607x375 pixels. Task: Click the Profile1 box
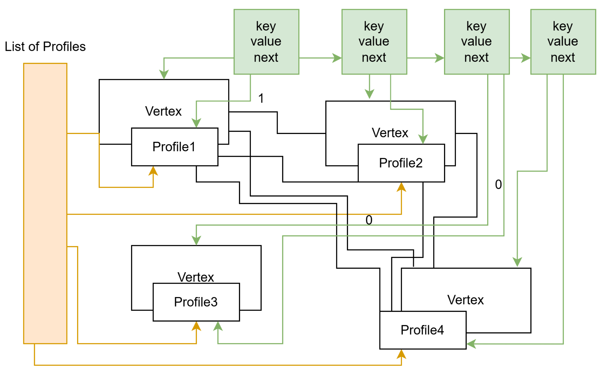pos(175,147)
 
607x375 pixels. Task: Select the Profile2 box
pos(401,163)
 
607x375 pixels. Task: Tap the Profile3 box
pos(196,302)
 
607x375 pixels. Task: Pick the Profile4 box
pos(422,330)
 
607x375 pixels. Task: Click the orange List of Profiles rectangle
pos(45,203)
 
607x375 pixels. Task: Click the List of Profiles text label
pos(45,46)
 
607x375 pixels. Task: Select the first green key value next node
pos(266,42)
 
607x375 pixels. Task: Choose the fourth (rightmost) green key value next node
pos(563,42)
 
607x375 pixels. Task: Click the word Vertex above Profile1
pos(163,111)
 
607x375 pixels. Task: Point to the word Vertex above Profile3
pos(196,277)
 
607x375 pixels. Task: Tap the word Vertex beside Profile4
pos(465,300)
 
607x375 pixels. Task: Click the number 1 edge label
pos(261,98)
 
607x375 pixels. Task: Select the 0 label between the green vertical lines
pos(498,184)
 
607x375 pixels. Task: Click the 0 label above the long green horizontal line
pos(369,220)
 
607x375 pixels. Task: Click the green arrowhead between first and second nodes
pos(337,58)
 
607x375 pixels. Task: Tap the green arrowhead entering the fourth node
pos(526,58)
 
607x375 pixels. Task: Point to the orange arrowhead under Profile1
pos(153,171)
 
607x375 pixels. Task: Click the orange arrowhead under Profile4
pos(401,354)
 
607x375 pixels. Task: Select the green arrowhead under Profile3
pos(218,326)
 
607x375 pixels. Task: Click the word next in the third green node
pos(476,57)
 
